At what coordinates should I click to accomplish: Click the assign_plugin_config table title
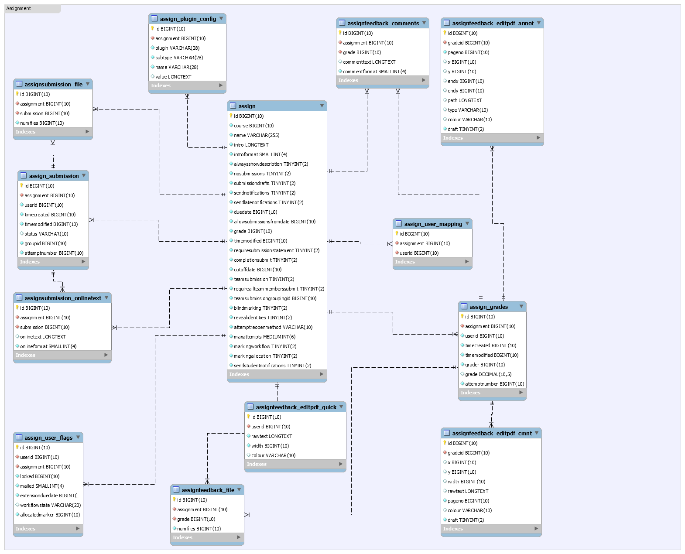coord(188,19)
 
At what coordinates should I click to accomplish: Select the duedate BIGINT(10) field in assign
coord(255,212)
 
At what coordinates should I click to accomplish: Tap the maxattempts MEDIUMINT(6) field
coord(264,337)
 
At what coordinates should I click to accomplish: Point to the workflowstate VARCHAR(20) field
coord(50,506)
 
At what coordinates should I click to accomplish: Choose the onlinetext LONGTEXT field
coord(43,337)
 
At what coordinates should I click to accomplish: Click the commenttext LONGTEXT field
coord(369,62)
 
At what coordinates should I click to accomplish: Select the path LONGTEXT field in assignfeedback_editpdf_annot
coord(465,100)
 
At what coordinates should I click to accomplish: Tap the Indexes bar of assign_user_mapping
coord(432,262)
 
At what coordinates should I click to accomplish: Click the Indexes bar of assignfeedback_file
coord(207,537)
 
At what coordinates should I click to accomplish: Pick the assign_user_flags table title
coord(48,438)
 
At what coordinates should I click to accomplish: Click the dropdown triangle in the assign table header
coord(322,106)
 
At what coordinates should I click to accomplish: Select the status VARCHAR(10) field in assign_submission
coord(46,234)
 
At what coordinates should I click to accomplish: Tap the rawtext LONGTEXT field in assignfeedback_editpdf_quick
coord(272,436)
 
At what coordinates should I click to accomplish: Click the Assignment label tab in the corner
coord(19,8)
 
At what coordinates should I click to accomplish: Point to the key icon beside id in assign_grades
coord(462,316)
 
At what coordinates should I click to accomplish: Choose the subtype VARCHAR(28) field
coord(179,58)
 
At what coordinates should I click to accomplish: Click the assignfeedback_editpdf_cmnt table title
coord(492,434)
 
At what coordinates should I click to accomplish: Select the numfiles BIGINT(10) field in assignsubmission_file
coord(42,123)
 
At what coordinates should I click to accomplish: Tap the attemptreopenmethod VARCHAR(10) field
coord(273,327)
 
